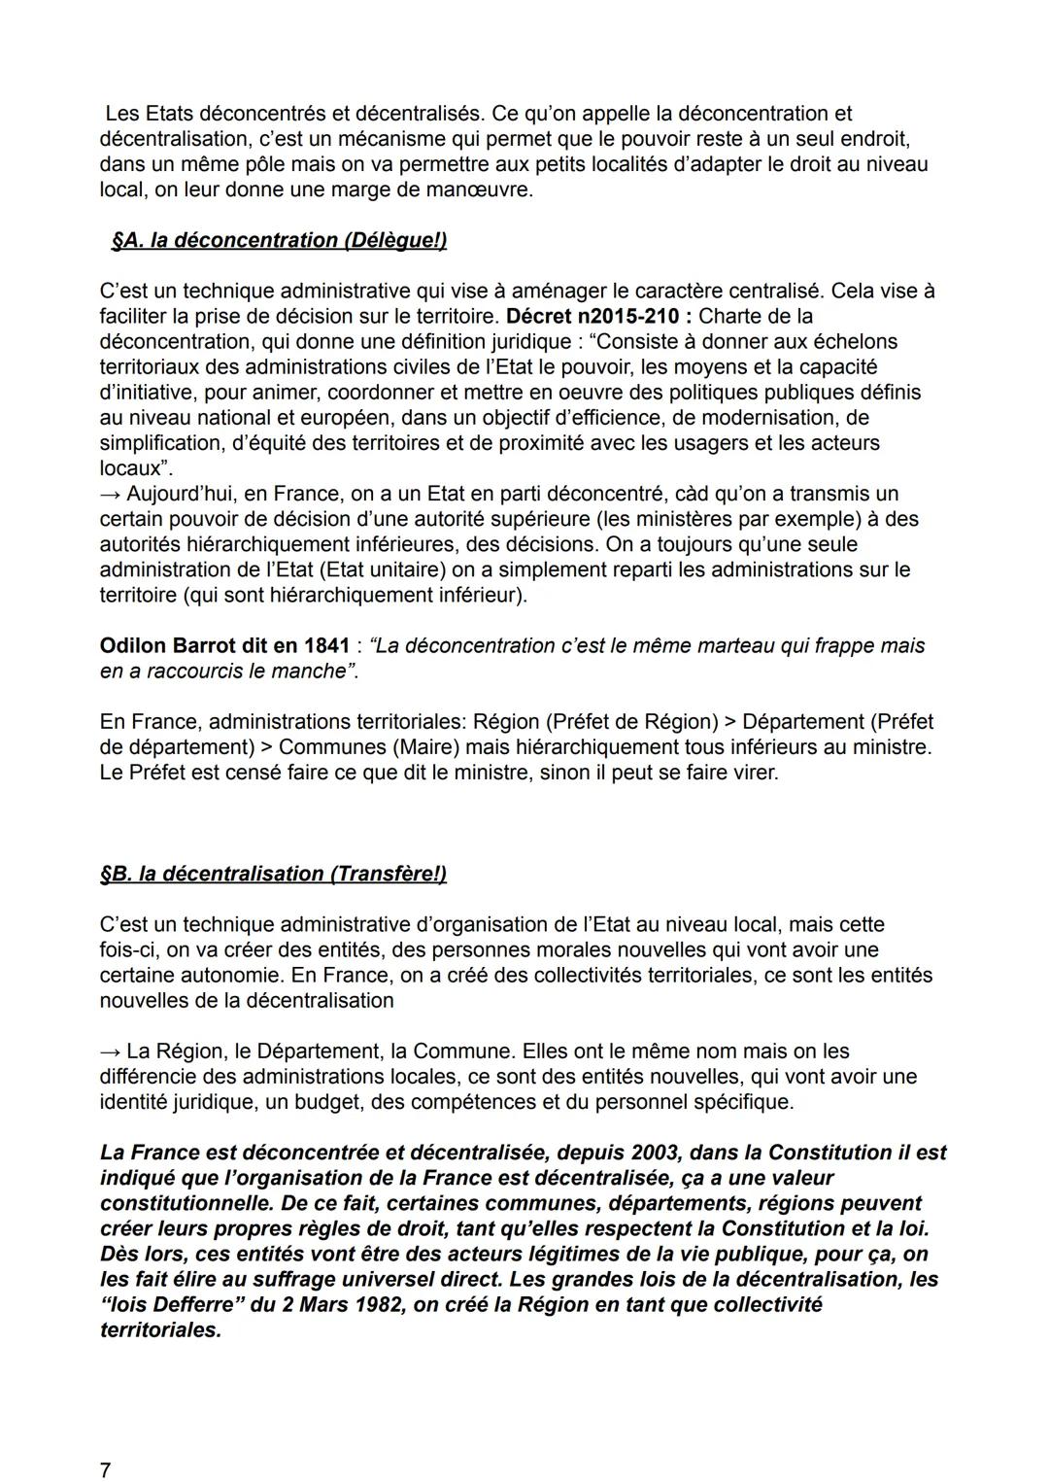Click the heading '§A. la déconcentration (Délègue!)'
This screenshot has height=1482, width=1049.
(279, 240)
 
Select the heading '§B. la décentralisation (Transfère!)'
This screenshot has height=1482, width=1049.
(273, 874)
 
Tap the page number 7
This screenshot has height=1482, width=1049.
(105, 1470)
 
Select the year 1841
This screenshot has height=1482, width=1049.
(325, 645)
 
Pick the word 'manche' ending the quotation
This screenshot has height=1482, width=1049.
(313, 671)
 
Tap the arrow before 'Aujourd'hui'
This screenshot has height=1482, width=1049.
(110, 494)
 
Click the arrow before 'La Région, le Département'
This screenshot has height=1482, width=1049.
(110, 1051)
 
